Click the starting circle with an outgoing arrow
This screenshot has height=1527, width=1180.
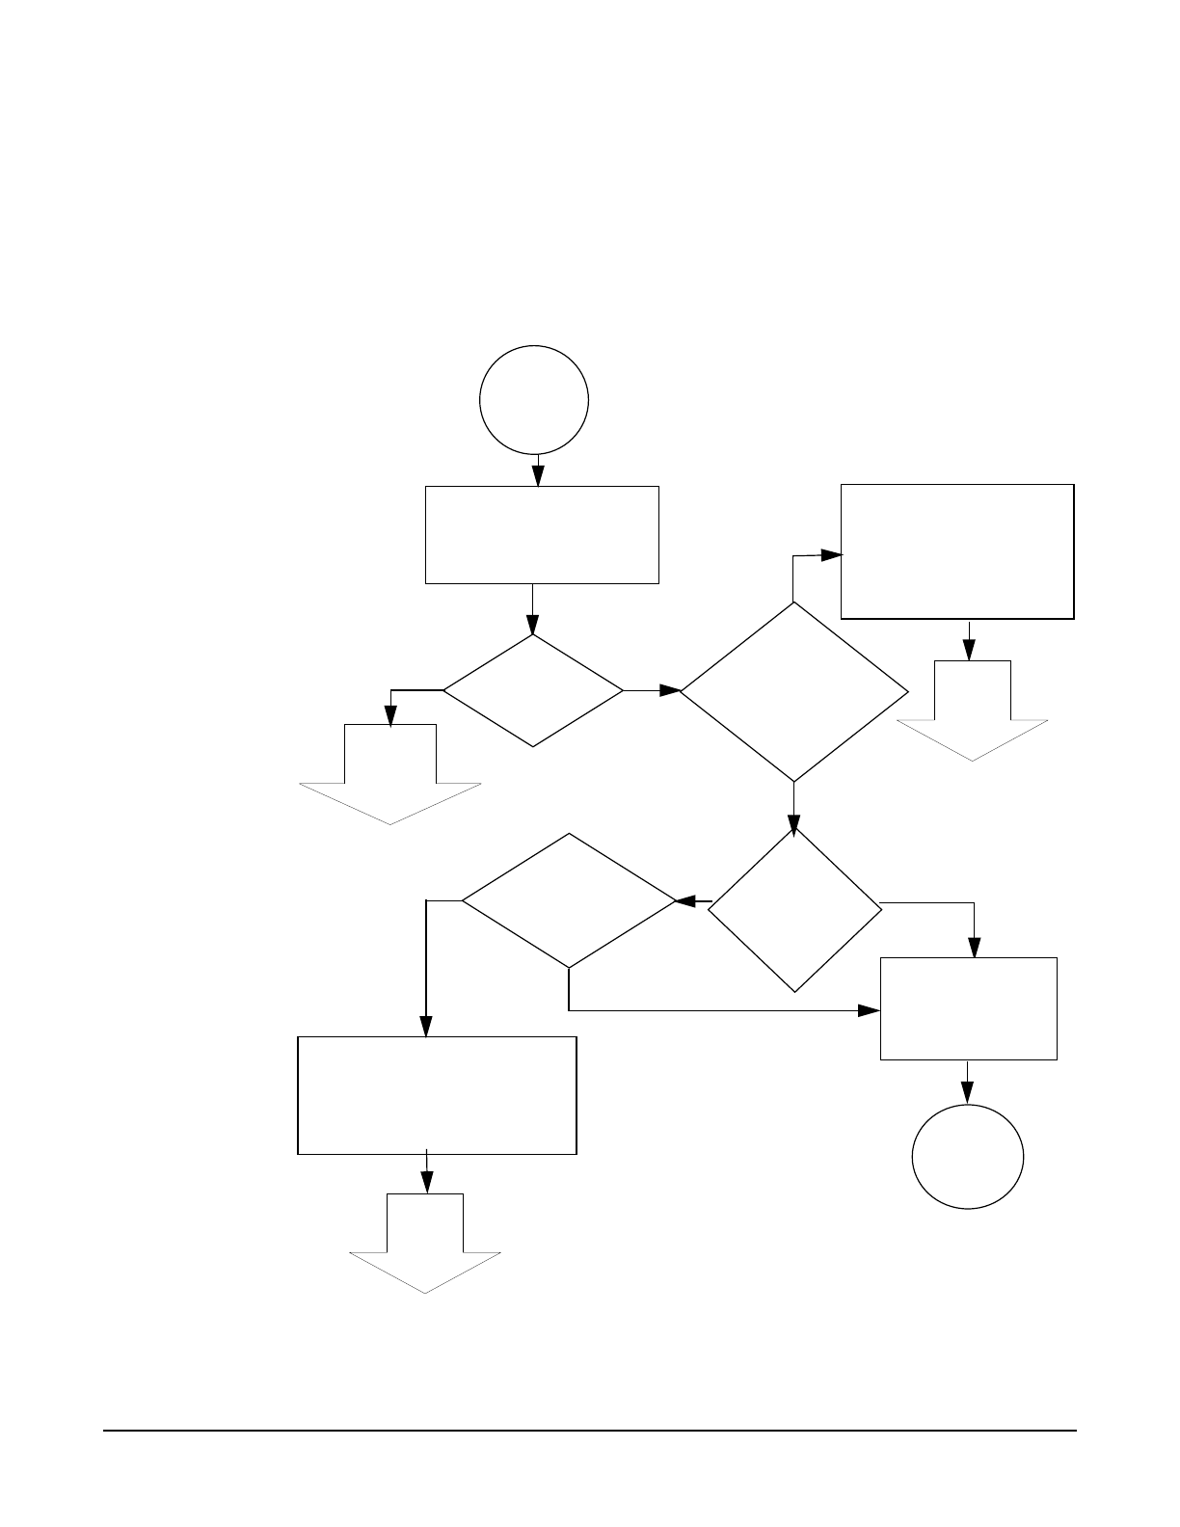[x=535, y=399]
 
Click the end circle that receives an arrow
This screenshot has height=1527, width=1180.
[x=968, y=1156]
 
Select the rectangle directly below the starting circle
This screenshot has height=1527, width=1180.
[x=542, y=534]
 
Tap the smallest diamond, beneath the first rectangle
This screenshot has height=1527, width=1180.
[x=533, y=690]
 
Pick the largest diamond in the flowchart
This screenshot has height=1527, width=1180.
[x=794, y=691]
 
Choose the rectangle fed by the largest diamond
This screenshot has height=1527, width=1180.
[x=957, y=551]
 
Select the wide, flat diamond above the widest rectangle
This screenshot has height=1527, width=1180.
[x=569, y=900]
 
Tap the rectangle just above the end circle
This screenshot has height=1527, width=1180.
[x=968, y=1008]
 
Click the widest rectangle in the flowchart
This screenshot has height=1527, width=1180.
[x=437, y=1095]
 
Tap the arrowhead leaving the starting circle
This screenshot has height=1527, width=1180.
[x=538, y=476]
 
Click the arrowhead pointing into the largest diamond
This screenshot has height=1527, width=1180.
[x=670, y=690]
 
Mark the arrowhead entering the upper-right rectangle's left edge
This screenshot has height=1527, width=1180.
[x=831, y=555]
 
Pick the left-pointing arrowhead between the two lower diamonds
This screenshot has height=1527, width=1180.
[x=687, y=901]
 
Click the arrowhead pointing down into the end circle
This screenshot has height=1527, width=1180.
[x=967, y=1093]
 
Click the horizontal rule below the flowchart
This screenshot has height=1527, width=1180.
[x=590, y=1431]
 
